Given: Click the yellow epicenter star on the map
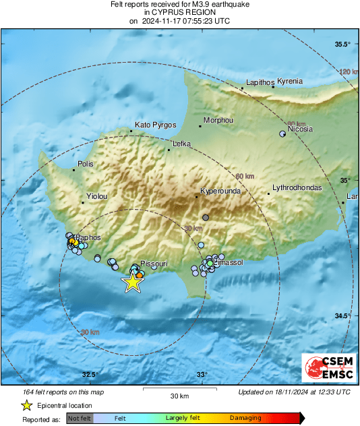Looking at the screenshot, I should (x=133, y=282).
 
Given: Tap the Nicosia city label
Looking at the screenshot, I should (x=300, y=129).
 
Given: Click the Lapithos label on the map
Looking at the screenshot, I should (x=257, y=81).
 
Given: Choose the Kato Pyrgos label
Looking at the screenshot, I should (x=155, y=125).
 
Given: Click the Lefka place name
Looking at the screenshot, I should (x=182, y=144).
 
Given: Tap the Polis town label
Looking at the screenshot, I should (x=86, y=164).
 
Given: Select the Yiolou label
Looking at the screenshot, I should (x=96, y=196).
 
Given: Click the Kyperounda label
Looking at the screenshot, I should (x=220, y=191).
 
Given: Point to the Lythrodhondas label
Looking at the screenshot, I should (x=297, y=187).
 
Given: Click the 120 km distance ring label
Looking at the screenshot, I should (x=349, y=71).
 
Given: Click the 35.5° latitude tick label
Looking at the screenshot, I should (x=343, y=44).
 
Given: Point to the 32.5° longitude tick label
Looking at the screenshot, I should (x=90, y=375).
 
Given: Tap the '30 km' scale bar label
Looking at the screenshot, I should (x=179, y=395).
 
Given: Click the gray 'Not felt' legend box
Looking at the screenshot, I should (x=80, y=419).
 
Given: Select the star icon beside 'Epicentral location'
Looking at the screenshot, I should (x=26, y=405).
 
